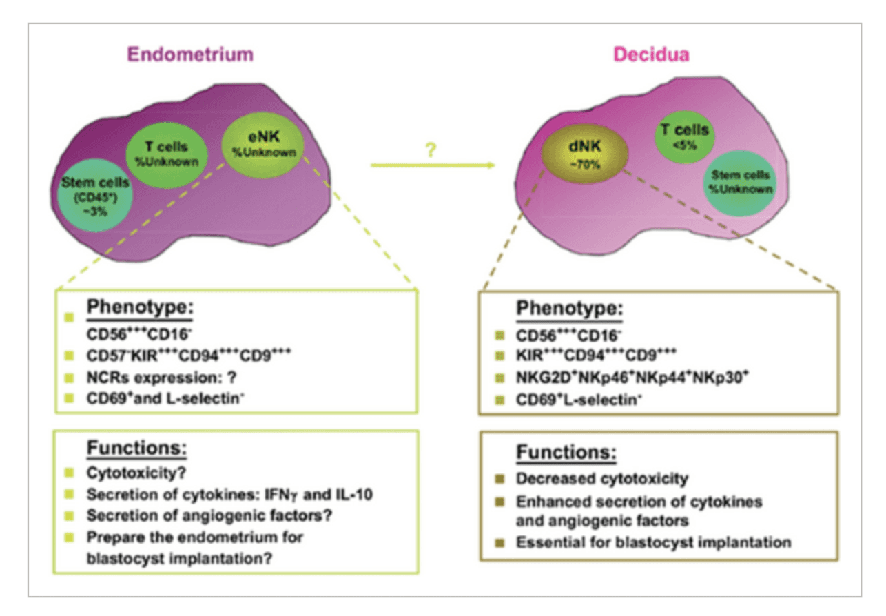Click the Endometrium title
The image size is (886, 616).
coord(181,54)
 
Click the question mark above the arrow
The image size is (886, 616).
coord(432,147)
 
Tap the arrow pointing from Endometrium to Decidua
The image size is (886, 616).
coord(432,165)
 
